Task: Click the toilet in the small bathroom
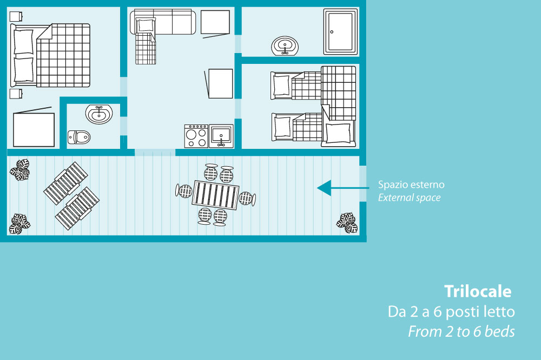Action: coord(79,138)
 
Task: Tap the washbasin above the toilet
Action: coord(99,114)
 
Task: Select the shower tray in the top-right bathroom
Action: coord(340,32)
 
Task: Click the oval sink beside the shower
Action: coord(285,46)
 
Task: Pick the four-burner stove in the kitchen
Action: coord(196,136)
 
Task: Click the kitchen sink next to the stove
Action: coord(221,136)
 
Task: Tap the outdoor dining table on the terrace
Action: coord(216,195)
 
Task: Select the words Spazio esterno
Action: coord(411,185)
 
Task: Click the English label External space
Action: coord(409,198)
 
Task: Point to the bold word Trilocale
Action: coord(478,291)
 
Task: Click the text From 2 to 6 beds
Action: coord(461,332)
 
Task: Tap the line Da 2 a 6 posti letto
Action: coord(451,312)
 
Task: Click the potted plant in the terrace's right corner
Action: coord(347,222)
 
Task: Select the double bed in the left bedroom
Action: coord(50,55)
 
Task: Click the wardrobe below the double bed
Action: coord(34,128)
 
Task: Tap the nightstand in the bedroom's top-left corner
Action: coord(16,16)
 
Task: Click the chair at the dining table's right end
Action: coord(247,199)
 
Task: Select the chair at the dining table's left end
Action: coord(184,191)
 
